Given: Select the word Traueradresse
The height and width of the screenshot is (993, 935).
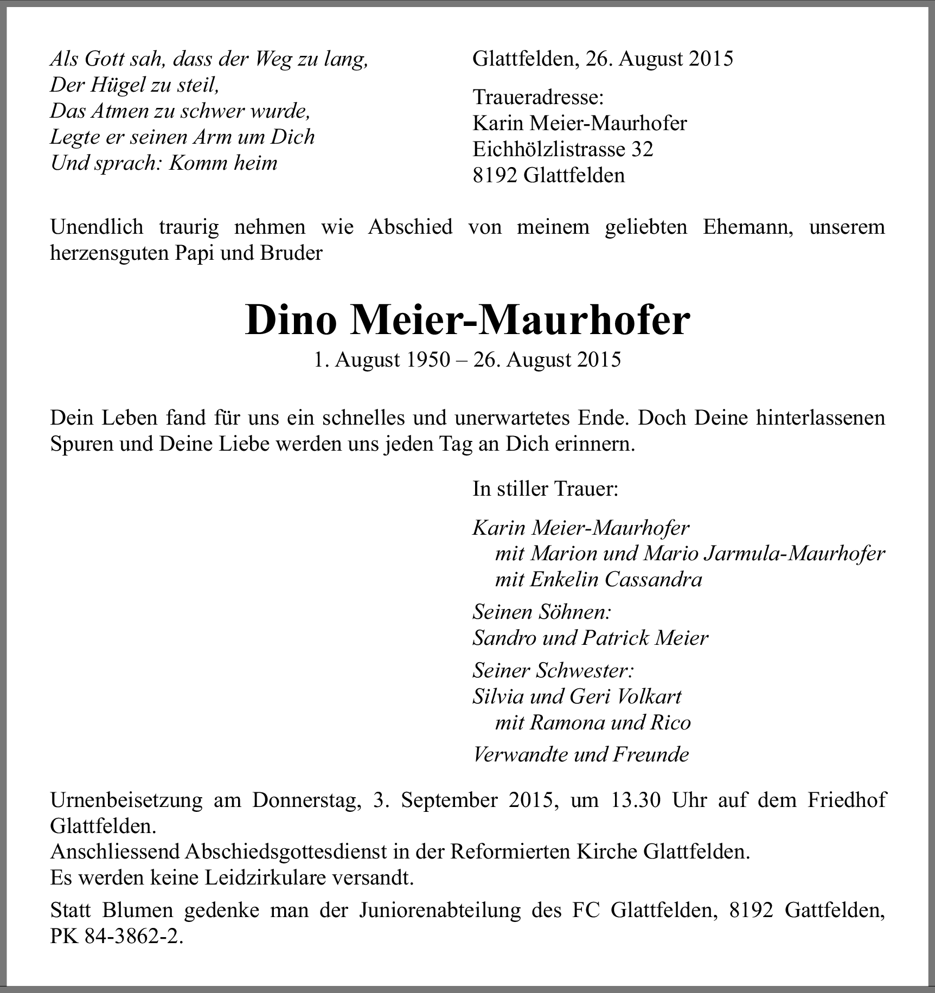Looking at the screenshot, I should (538, 98).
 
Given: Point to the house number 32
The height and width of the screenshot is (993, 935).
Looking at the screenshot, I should (642, 149).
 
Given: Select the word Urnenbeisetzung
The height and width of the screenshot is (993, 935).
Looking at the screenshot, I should (126, 800).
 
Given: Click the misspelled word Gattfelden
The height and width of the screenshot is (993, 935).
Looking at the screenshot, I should (835, 911).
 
